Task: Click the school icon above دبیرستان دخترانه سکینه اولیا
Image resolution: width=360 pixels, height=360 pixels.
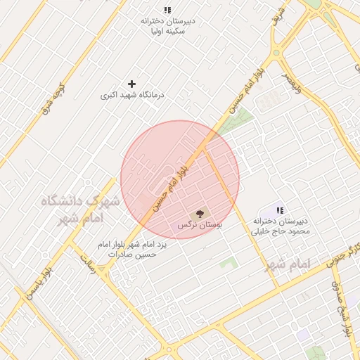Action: pos(167,10)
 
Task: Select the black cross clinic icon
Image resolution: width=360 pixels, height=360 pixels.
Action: pos(131,84)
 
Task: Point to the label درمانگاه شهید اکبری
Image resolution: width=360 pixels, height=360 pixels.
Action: pos(131,94)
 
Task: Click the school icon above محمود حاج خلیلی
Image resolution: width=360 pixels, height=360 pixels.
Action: pos(280,210)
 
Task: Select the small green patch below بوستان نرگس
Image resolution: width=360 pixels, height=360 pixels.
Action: pos(227,264)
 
